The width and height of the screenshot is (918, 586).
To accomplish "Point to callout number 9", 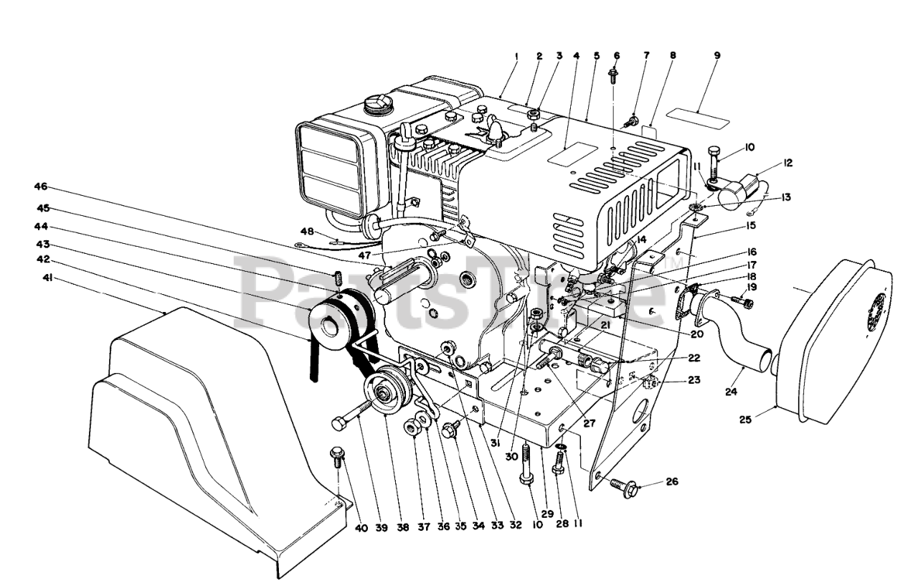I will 717,55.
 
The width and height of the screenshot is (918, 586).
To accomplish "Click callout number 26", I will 672,481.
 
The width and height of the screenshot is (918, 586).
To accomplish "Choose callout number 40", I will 361,529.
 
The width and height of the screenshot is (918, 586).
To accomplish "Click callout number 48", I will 308,231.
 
